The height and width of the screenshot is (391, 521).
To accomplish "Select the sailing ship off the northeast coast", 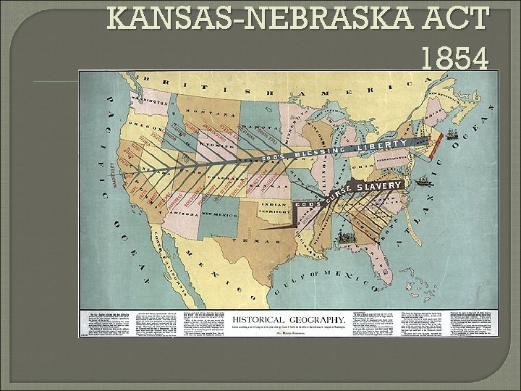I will (451, 134).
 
